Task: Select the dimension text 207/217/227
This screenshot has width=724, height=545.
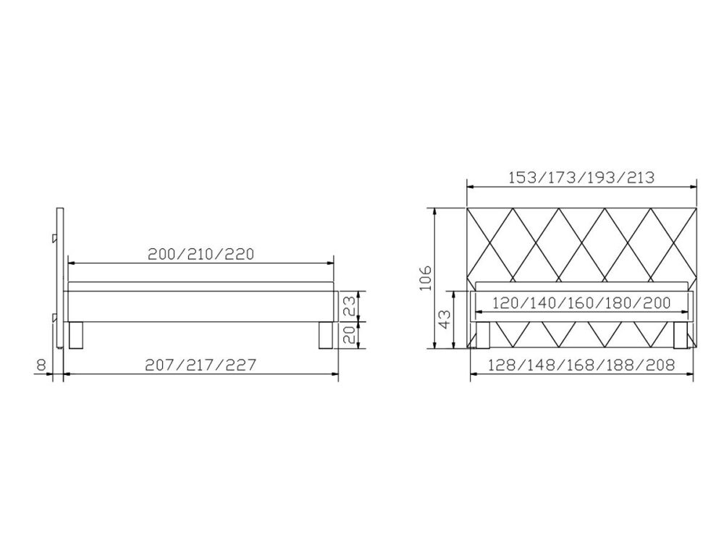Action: (202, 365)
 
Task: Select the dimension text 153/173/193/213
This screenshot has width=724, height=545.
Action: (582, 177)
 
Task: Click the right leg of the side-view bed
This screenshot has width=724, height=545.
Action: (326, 336)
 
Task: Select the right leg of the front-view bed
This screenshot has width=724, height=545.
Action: (680, 335)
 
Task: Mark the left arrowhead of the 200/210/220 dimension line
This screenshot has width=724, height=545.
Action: (70, 263)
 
